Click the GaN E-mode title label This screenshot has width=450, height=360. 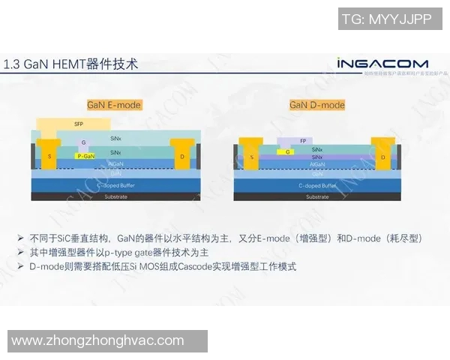tap(114, 105)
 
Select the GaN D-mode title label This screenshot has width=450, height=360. tap(317, 105)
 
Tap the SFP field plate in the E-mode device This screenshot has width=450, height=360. tap(77, 123)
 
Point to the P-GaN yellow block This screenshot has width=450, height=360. tap(85, 156)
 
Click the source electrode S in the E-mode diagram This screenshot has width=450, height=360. tap(50, 156)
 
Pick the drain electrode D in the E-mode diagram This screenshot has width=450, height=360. tap(182, 156)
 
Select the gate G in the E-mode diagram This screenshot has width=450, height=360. tap(84, 142)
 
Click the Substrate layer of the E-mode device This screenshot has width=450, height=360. tap(115, 196)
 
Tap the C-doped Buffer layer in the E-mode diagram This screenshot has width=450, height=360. tap(115, 184)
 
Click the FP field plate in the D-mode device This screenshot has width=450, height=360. tap(302, 140)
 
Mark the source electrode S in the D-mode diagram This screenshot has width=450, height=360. tap(251, 157)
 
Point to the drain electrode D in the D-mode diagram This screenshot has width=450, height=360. tap(382, 157)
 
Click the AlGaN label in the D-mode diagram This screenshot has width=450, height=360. tap(317, 163)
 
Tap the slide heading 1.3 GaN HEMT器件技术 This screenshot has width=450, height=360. tap(71, 64)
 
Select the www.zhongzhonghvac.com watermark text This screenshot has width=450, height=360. tap(97, 341)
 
